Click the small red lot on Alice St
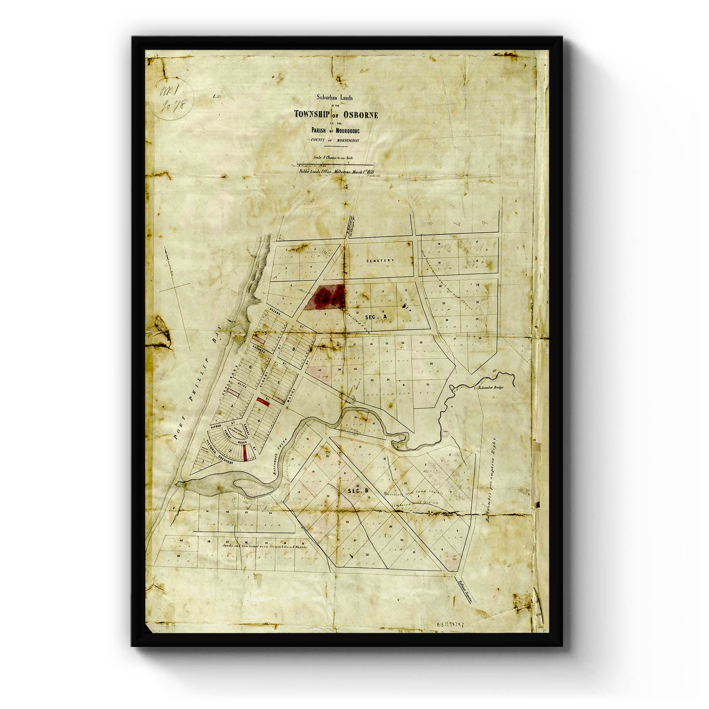click(260, 400)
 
